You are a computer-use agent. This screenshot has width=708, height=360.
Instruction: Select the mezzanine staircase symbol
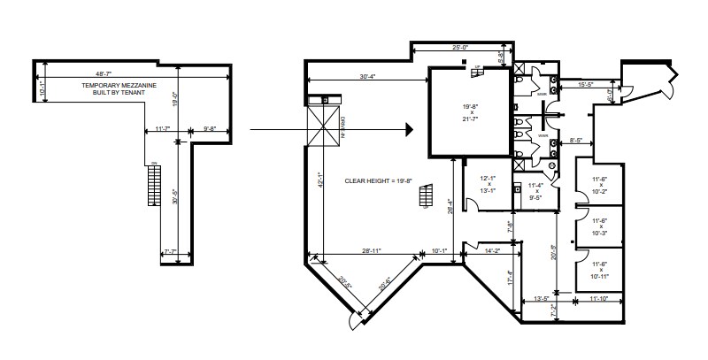pyautogui.click(x=156, y=184)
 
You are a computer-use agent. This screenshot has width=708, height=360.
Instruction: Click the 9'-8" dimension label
pyautogui.click(x=211, y=131)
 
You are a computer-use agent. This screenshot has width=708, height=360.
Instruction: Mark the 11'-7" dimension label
pyautogui.click(x=162, y=131)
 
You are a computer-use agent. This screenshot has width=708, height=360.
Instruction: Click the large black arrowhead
pyautogui.click(x=409, y=130)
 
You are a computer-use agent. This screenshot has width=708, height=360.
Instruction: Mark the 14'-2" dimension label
pyautogui.click(x=494, y=252)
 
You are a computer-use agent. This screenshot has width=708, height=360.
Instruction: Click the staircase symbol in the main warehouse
pyautogui.click(x=427, y=194)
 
